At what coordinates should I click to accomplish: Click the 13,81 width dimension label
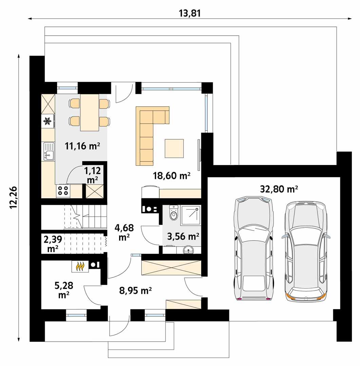pyautogui.click(x=190, y=13)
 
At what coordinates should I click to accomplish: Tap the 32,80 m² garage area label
pyautogui.click(x=279, y=189)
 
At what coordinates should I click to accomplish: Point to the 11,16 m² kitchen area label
pyautogui.click(x=82, y=146)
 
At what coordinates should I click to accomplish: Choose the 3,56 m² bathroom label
pyautogui.click(x=183, y=236)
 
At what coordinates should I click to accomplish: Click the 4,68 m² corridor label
pyautogui.click(x=124, y=232)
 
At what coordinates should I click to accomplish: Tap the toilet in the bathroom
pyautogui.click(x=174, y=213)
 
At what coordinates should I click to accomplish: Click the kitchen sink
pyautogui.click(x=48, y=151)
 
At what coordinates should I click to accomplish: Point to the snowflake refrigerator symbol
pyautogui.click(x=48, y=121)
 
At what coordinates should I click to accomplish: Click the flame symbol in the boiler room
pyautogui.click(x=80, y=266)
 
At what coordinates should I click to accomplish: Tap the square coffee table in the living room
pyautogui.click(x=174, y=148)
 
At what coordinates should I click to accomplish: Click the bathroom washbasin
pyautogui.click(x=189, y=250)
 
